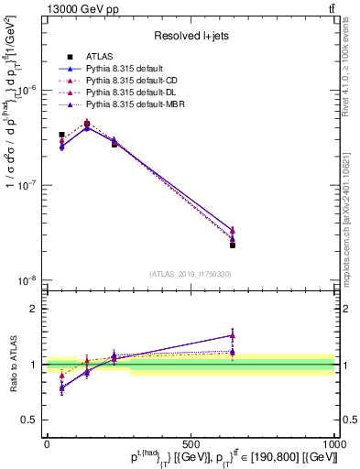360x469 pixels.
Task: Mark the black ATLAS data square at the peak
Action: click(87, 124)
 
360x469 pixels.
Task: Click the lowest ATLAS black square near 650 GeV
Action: click(233, 245)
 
